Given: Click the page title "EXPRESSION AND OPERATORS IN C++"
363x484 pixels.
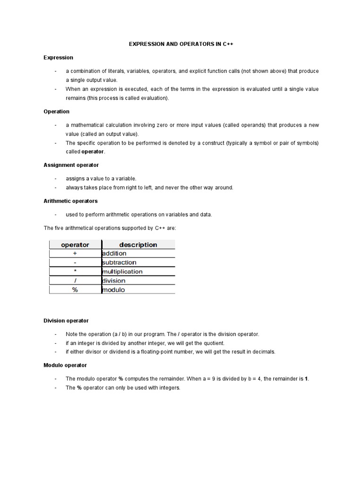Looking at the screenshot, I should pyautogui.click(x=181, y=44).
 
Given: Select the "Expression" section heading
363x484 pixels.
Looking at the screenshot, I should pyautogui.click(x=58, y=58).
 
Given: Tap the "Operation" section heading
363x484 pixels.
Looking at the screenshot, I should pyautogui.click(x=56, y=112).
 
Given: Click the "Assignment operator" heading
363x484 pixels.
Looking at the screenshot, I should pyautogui.click(x=71, y=165).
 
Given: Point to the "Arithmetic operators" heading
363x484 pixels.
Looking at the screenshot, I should pyautogui.click(x=70, y=201).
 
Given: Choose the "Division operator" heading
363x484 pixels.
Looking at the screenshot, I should pyautogui.click(x=66, y=321).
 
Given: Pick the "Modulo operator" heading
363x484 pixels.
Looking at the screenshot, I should pyautogui.click(x=65, y=365).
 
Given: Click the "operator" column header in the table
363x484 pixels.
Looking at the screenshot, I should pyautogui.click(x=75, y=245).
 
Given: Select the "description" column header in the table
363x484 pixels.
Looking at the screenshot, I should pyautogui.click(x=138, y=245).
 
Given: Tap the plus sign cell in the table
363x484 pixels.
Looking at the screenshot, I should pyautogui.click(x=75, y=254).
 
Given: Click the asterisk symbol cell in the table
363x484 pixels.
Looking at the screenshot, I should pyautogui.click(x=75, y=272).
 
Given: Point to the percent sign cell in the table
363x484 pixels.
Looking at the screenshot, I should pyautogui.click(x=75, y=290).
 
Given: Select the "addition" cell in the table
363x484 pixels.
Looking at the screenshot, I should pyautogui.click(x=114, y=254).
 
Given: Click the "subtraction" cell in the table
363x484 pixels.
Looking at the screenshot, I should pyautogui.click(x=119, y=263).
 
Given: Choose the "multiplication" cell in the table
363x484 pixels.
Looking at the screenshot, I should pyautogui.click(x=122, y=272).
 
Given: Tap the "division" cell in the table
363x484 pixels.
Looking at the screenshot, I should pyautogui.click(x=114, y=281).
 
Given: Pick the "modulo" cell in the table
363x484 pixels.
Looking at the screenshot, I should pyautogui.click(x=113, y=290).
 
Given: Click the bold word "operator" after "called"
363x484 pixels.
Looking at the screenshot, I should pyautogui.click(x=93, y=152).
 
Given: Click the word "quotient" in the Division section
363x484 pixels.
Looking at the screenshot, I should pyautogui.click(x=213, y=343).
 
